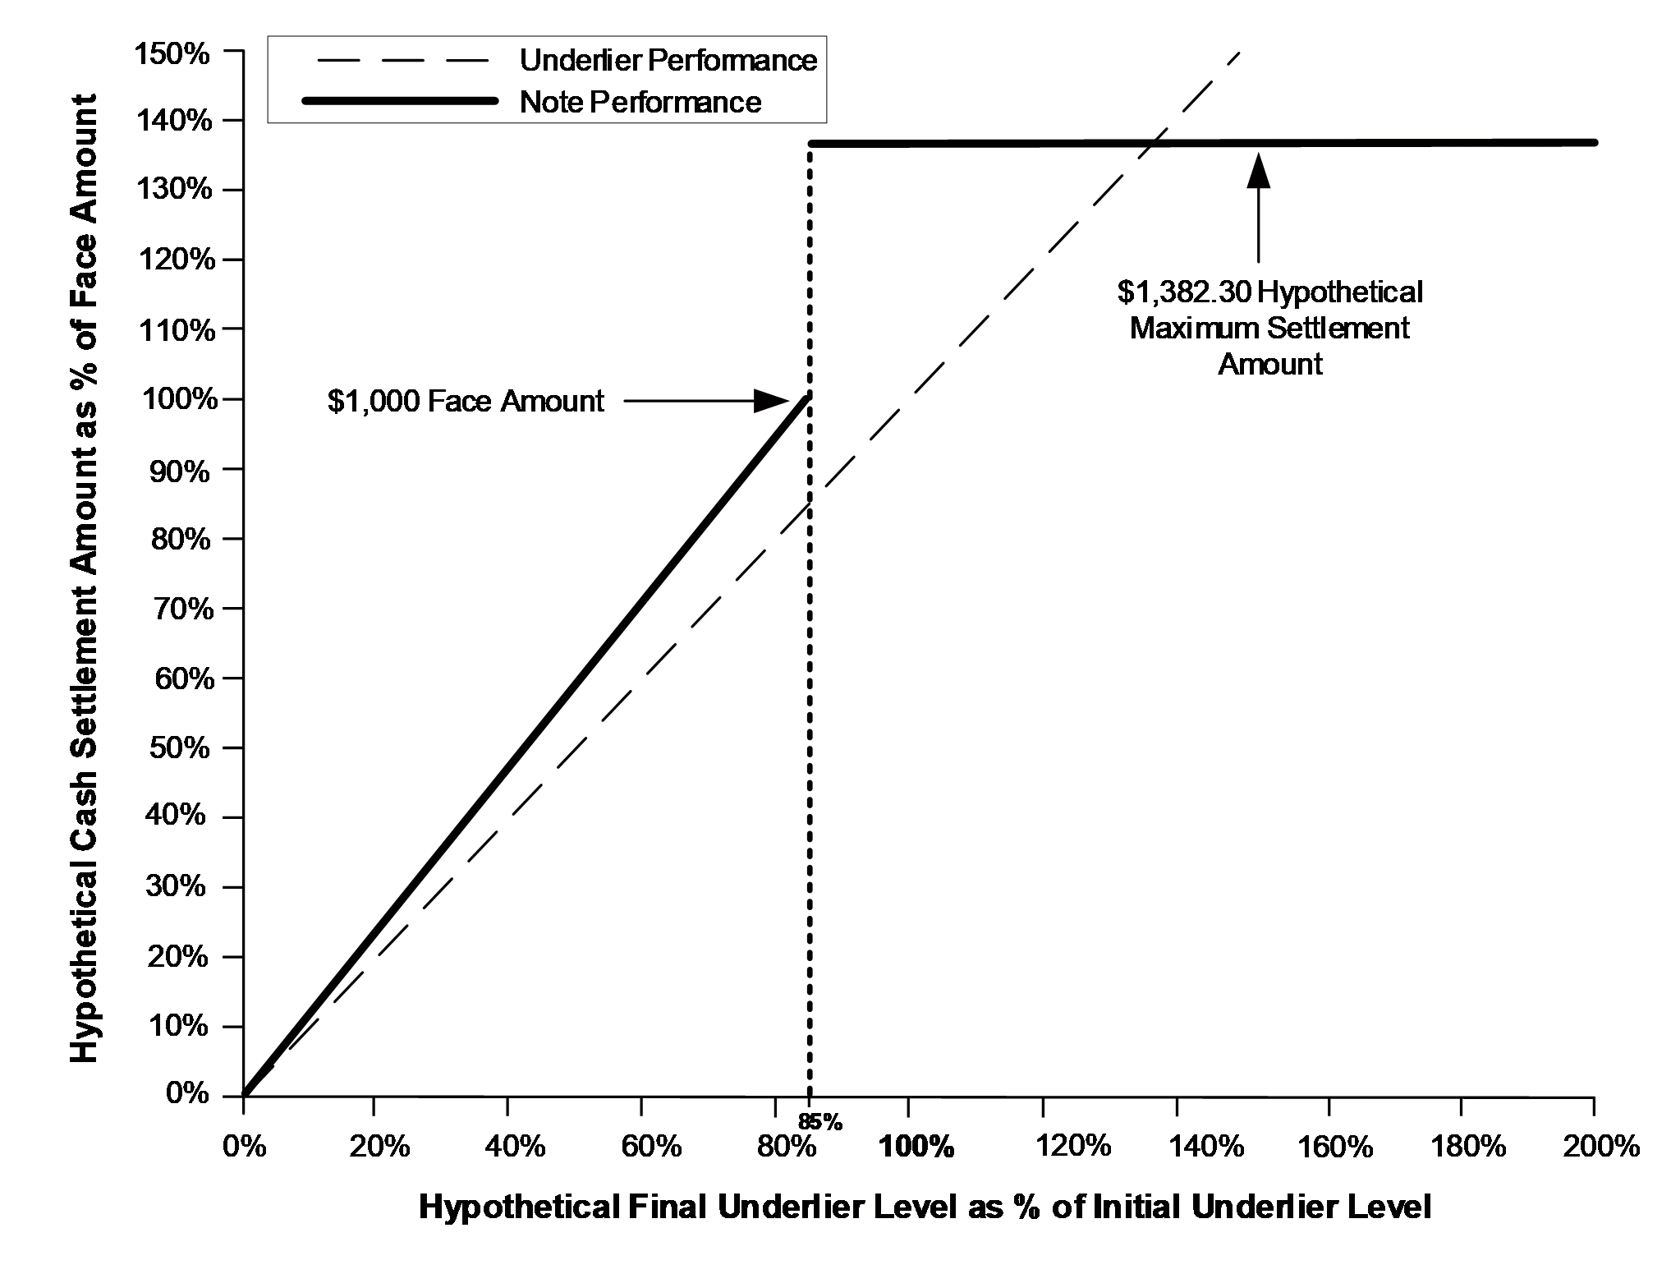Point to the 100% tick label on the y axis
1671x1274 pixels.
click(x=175, y=400)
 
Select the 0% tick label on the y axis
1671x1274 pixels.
click(x=188, y=1094)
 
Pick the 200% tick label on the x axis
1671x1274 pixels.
click(x=1600, y=1146)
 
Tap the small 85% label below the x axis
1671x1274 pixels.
click(x=819, y=1121)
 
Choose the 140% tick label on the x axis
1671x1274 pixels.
click(x=1207, y=1146)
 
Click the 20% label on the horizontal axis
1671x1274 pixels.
click(x=379, y=1146)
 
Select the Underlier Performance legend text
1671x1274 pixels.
click(x=668, y=61)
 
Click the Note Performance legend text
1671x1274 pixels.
click(x=640, y=102)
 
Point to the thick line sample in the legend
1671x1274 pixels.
click(x=400, y=101)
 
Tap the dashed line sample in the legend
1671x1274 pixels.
click(x=400, y=60)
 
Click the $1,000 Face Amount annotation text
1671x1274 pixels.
click(x=466, y=401)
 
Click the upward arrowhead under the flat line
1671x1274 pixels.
click(x=1258, y=170)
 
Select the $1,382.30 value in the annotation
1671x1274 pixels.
click(x=1183, y=292)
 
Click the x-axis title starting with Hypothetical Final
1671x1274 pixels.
click(x=925, y=1207)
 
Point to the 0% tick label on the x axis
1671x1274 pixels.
click(x=245, y=1146)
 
